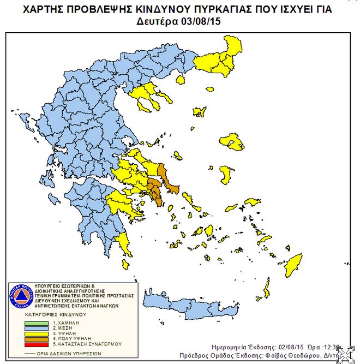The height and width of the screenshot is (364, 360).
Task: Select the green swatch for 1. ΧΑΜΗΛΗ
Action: tap(36, 323)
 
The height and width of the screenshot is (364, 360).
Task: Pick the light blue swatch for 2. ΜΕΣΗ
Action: tap(36, 329)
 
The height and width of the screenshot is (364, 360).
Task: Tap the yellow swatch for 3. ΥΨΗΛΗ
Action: tap(36, 333)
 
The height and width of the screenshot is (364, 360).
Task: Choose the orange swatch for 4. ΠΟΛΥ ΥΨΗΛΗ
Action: tap(36, 339)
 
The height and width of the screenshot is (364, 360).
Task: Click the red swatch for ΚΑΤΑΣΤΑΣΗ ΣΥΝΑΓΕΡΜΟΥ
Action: tap(36, 344)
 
